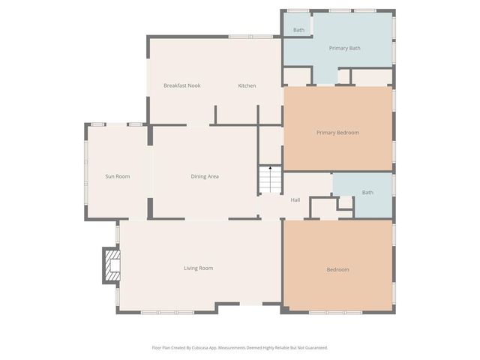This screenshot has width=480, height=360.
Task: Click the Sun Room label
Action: pyautogui.click(x=118, y=176)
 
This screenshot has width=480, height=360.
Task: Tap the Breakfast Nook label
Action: pyautogui.click(x=181, y=85)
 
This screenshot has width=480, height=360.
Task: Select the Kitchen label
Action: pyautogui.click(x=247, y=85)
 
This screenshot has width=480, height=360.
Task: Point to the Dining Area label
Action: pyautogui.click(x=204, y=176)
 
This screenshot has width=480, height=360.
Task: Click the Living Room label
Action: pyautogui.click(x=199, y=268)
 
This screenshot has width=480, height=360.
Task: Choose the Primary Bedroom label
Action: pyautogui.click(x=337, y=133)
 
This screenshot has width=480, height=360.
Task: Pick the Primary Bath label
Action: pyautogui.click(x=345, y=48)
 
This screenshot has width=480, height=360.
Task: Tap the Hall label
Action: pyautogui.click(x=295, y=199)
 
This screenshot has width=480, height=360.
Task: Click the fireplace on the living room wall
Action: pyautogui.click(x=111, y=265)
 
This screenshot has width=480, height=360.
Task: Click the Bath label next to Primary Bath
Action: pyautogui.click(x=298, y=30)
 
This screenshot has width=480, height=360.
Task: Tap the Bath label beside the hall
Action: pyautogui.click(x=367, y=193)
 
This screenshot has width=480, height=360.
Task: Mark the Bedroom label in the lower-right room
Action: pyautogui.click(x=337, y=270)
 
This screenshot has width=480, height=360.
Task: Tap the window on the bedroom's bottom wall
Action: pyautogui.click(x=337, y=311)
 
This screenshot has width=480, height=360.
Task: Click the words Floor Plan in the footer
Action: pyautogui.click(x=160, y=347)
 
